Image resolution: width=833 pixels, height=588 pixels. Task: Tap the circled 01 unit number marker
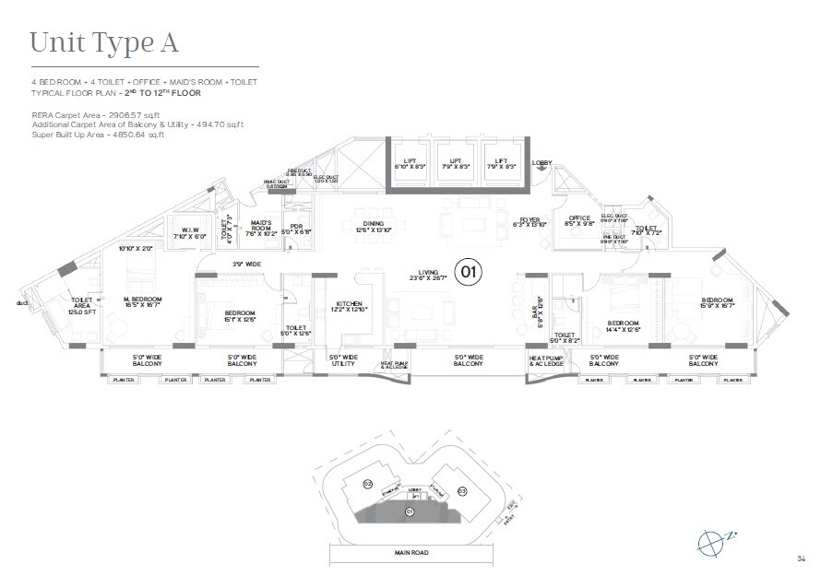(x=470, y=271)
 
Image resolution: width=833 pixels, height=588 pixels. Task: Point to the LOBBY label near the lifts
(x=541, y=163)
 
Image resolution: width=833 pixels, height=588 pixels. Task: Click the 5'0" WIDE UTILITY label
(x=342, y=360)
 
